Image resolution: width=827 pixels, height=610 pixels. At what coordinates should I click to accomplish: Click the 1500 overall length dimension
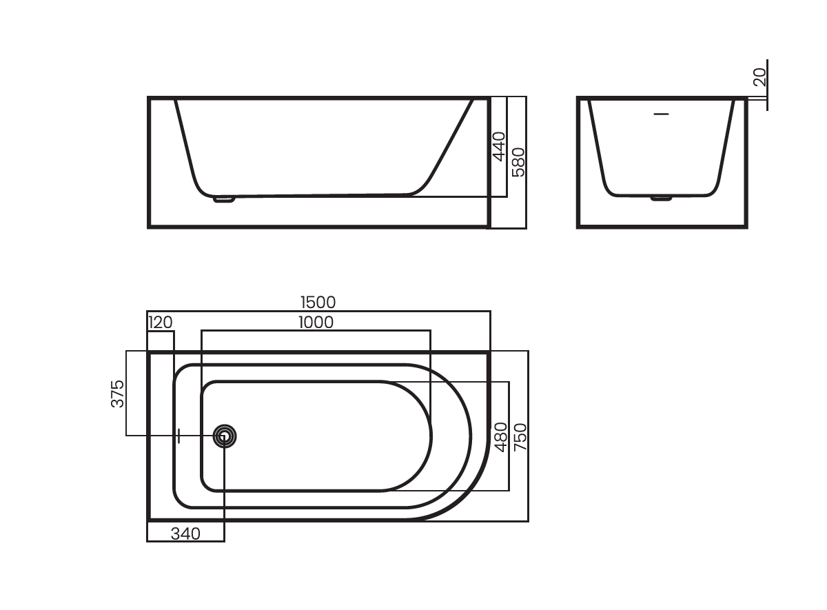[318, 303]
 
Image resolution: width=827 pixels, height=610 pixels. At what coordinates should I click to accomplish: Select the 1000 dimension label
[316, 323]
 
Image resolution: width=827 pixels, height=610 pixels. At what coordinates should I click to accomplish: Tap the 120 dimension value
[160, 323]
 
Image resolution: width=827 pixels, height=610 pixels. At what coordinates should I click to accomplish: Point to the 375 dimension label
[117, 394]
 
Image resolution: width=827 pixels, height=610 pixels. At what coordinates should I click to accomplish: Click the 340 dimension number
[185, 533]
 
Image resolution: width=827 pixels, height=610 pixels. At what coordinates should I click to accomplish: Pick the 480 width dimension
[500, 437]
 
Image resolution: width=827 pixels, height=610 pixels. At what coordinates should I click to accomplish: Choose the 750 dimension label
[520, 437]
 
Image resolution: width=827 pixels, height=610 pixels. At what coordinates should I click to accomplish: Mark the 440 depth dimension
[499, 147]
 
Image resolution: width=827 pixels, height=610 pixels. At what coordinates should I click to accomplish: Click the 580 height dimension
[518, 162]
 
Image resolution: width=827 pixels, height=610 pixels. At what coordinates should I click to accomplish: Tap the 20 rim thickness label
[759, 77]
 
